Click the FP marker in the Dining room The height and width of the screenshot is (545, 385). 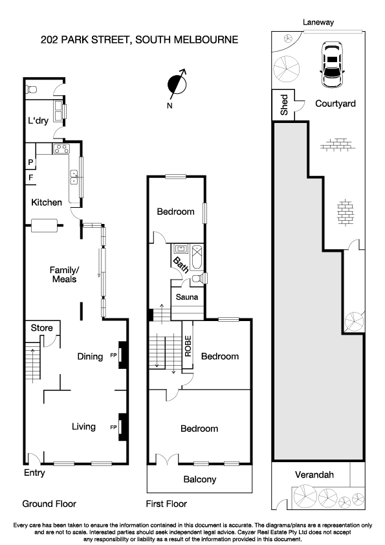(x=114, y=355)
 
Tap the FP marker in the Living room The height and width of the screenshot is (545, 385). (x=114, y=427)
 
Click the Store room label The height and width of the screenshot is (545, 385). (x=42, y=328)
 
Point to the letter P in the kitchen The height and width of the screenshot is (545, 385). (x=30, y=162)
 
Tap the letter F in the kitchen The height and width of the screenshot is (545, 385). (x=30, y=176)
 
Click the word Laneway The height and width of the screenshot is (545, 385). (x=320, y=21)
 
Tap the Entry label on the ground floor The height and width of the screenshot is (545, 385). (x=34, y=473)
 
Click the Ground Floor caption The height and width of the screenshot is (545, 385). (x=49, y=504)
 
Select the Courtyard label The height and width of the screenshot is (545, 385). (x=335, y=104)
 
